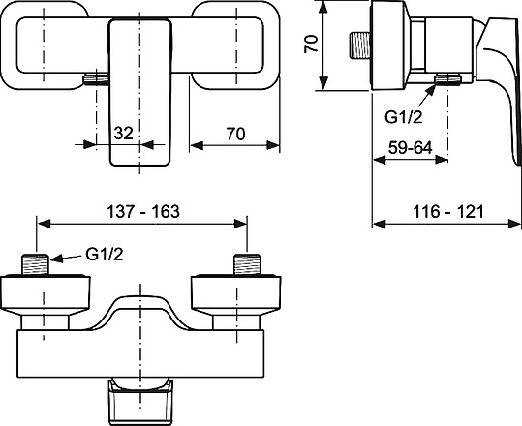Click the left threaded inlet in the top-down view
click(37, 264)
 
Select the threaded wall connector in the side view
click(361, 46)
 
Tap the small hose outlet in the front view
click(94, 81)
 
